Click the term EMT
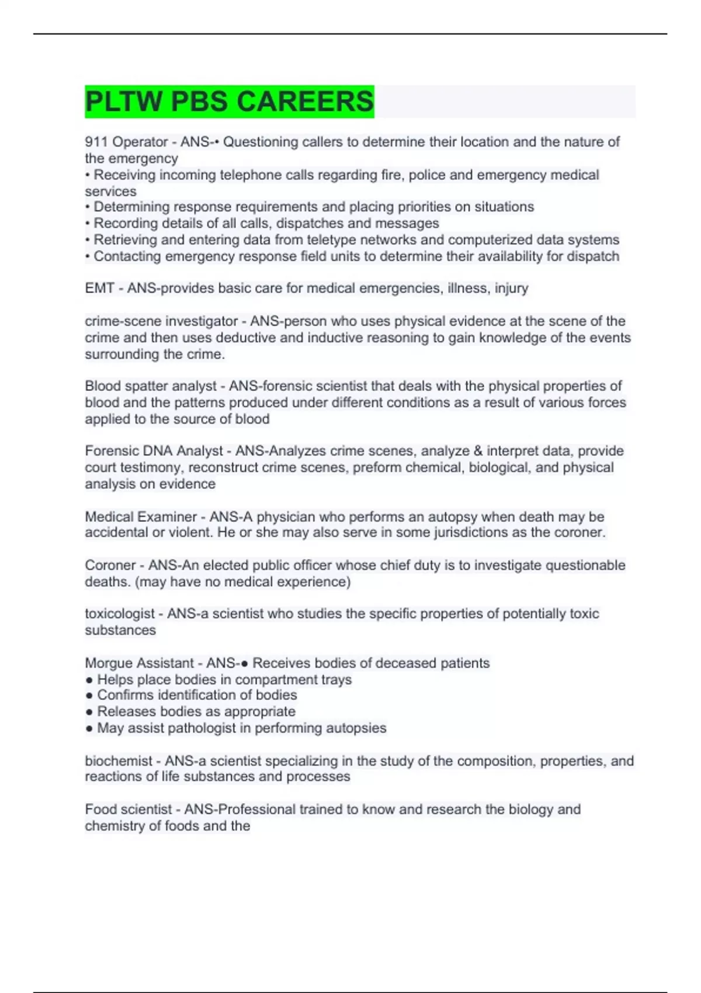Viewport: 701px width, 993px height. [99, 288]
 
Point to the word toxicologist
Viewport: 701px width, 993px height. [120, 614]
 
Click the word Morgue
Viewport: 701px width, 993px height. [109, 663]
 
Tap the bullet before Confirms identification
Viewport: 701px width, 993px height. [89, 695]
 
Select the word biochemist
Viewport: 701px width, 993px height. [119, 761]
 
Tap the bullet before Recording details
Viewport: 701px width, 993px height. [88, 224]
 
